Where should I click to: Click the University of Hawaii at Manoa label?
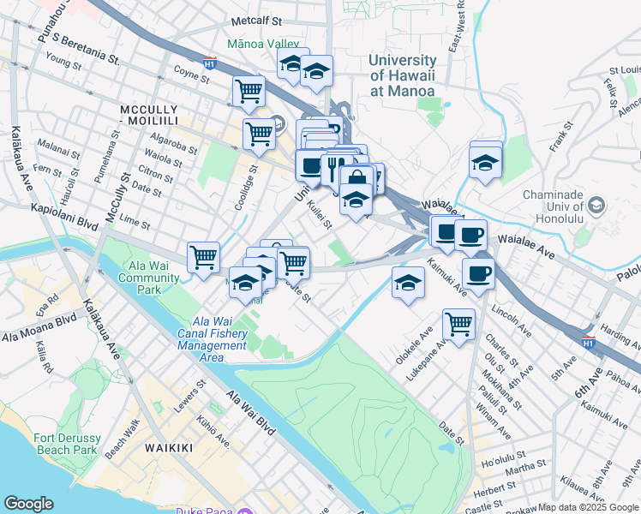(x=402, y=75)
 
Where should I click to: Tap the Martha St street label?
(x=525, y=467)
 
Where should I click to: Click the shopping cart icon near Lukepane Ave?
(x=458, y=325)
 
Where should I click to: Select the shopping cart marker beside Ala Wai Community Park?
(x=203, y=256)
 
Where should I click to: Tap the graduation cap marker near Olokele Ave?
(x=408, y=282)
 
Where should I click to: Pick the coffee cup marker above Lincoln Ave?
(x=478, y=273)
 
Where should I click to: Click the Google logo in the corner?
(x=29, y=504)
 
